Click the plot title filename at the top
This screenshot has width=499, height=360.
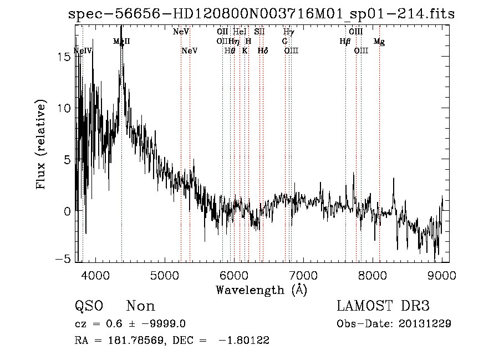(x=261, y=14)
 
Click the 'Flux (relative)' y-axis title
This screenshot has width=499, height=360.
(x=41, y=145)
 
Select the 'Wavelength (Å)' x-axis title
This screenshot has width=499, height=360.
(x=261, y=290)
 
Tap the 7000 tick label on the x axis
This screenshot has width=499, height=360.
(x=303, y=275)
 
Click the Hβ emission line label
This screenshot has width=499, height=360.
(x=345, y=41)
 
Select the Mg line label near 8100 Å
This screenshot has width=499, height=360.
(x=379, y=42)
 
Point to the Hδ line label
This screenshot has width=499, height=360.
(x=263, y=50)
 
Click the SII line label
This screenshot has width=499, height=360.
(x=259, y=32)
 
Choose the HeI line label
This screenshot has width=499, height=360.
(x=240, y=32)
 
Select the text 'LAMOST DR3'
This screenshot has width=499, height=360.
(x=383, y=306)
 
